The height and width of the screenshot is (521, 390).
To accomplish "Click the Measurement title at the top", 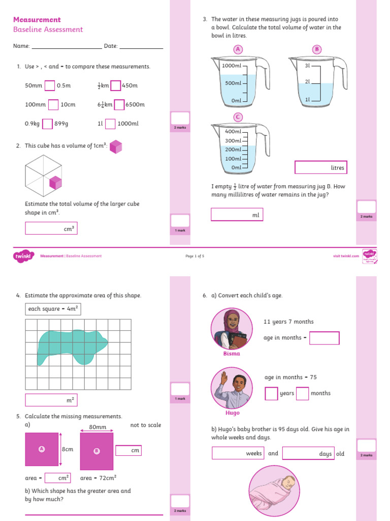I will pyautogui.click(x=37, y=20).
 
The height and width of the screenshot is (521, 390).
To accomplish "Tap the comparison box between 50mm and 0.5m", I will pyautogui.click(x=50, y=85).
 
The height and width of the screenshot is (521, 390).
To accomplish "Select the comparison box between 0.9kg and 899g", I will pyautogui.click(x=47, y=124).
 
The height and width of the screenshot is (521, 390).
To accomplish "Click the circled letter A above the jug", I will pyautogui.click(x=237, y=49).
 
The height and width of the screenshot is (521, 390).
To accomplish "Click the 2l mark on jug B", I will pyautogui.click(x=307, y=82).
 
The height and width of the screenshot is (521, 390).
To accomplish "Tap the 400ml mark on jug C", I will pyautogui.click(x=233, y=132).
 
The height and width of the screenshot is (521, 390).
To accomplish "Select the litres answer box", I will pyautogui.click(x=320, y=167).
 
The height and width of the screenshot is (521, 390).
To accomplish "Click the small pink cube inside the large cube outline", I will pyautogui.click(x=55, y=183).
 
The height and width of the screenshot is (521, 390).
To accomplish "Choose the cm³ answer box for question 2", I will pyautogui.click(x=51, y=228).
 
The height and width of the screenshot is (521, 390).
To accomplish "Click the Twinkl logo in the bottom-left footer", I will pyautogui.click(x=23, y=256).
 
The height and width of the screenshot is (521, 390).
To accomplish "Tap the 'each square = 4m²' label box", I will pyautogui.click(x=53, y=309).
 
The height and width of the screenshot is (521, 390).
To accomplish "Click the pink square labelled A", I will pyautogui.click(x=42, y=449).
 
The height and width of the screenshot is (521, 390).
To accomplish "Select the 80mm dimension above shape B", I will pyautogui.click(x=97, y=427).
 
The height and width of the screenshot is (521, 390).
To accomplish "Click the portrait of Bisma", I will pyautogui.click(x=232, y=329).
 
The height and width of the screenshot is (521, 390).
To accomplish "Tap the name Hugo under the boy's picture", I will pyautogui.click(x=232, y=413).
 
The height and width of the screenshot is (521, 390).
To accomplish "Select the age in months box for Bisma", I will pyautogui.click(x=324, y=338).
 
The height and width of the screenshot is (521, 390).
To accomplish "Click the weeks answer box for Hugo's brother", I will pyautogui.click(x=238, y=453).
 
